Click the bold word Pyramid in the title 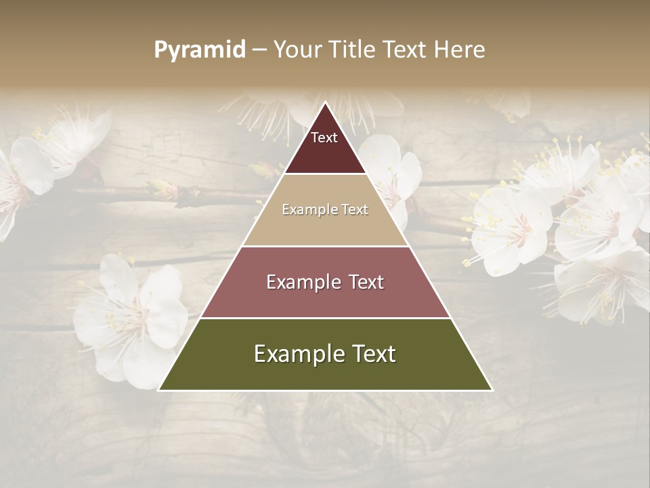point(199,50)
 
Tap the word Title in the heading point(352,50)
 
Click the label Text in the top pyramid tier point(324,138)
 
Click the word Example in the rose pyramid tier point(302,282)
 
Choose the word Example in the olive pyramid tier point(299,354)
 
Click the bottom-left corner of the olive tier point(160,390)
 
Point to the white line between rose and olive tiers point(325,318)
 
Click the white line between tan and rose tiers point(325,246)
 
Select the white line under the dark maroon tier point(325,174)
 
